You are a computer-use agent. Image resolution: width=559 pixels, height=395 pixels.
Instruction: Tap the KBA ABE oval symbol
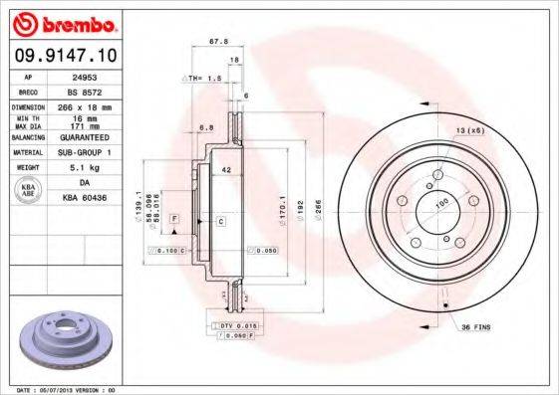pos(30,191)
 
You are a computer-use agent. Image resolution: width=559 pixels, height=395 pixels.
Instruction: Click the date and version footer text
pos(68,390)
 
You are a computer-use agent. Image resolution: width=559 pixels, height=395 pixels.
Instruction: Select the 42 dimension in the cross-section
pos(227,170)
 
